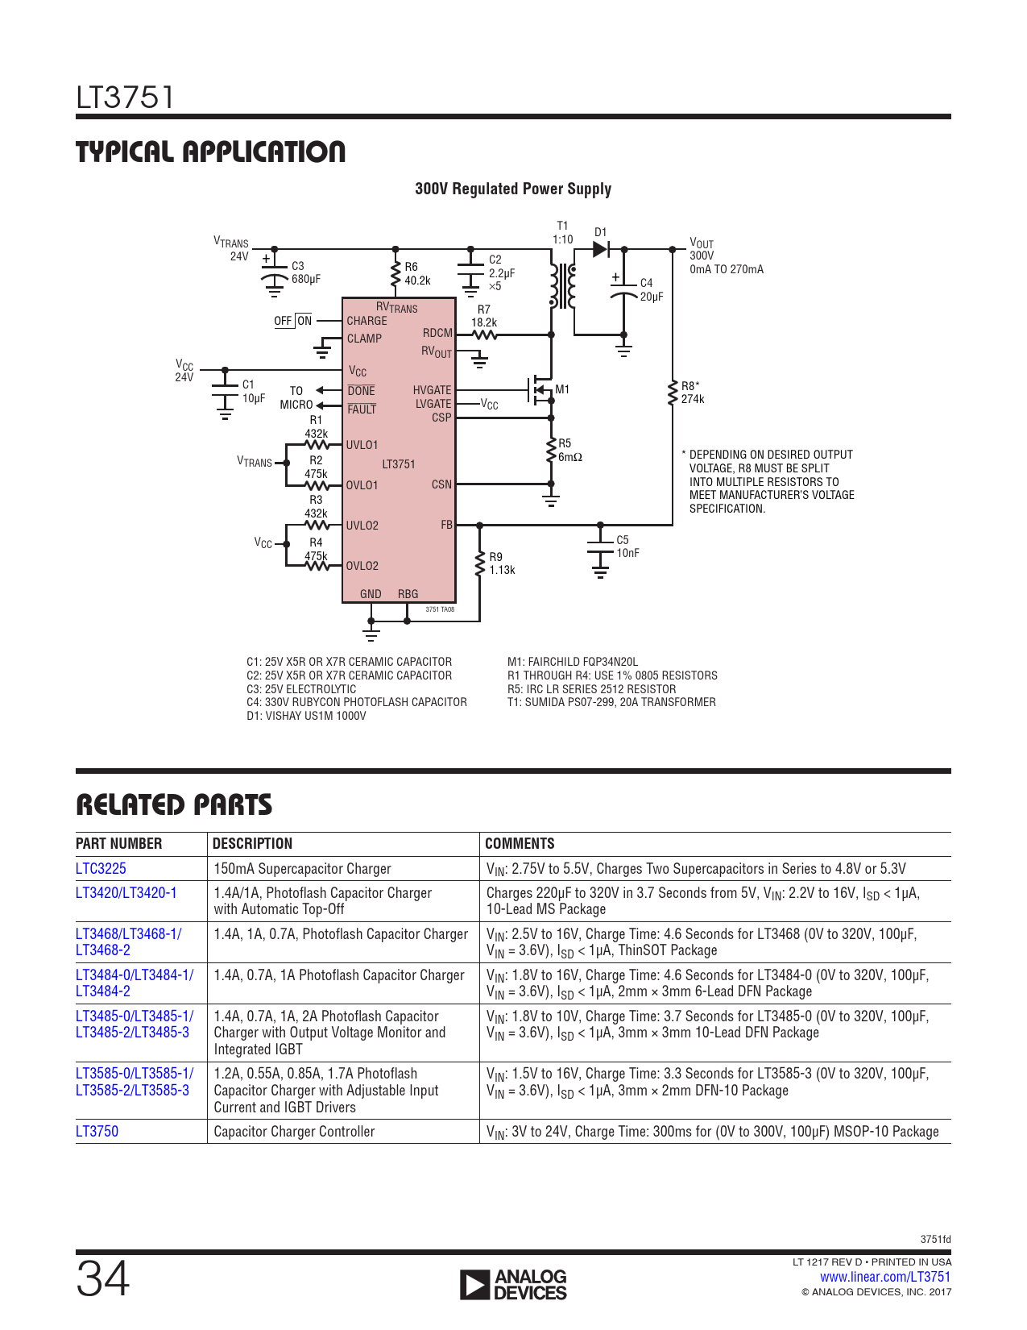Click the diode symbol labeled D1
(601, 249)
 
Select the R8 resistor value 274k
(693, 399)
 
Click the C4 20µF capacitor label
(652, 289)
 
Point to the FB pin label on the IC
(446, 525)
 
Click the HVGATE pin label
(432, 390)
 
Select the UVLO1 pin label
(362, 445)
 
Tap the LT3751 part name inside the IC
(399, 464)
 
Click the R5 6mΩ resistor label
(570, 450)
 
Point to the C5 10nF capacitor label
(627, 546)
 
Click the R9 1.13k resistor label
(502, 563)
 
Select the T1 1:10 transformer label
(563, 233)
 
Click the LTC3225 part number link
(101, 868)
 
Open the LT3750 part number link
(97, 1130)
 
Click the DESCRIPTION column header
(252, 843)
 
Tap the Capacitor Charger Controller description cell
(294, 1131)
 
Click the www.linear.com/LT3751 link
(885, 1277)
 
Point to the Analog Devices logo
(513, 1284)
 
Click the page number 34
(103, 1279)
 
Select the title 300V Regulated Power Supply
(513, 189)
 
